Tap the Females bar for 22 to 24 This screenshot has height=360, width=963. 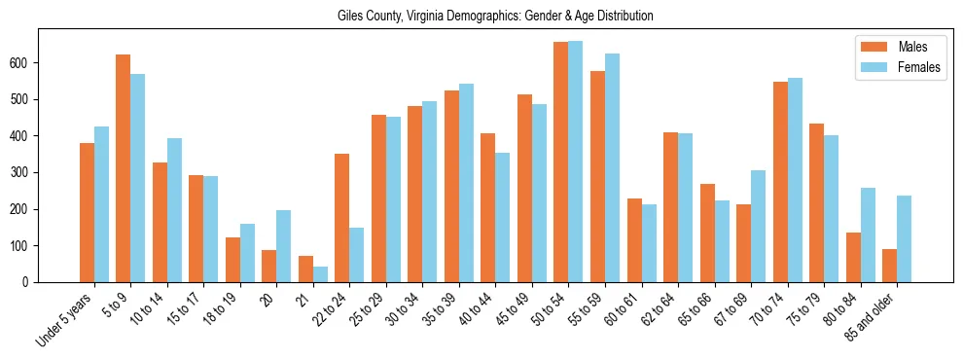[357, 255]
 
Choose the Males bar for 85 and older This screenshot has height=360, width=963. [890, 266]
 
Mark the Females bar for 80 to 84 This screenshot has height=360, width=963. [868, 234]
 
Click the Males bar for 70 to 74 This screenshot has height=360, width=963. [780, 182]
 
